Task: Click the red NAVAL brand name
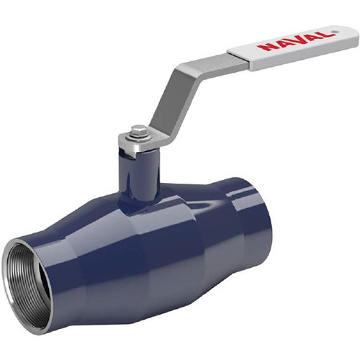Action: [x=296, y=41]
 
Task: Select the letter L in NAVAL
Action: [x=326, y=34]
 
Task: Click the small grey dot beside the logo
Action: [x=336, y=32]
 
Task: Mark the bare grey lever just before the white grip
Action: [x=216, y=63]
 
